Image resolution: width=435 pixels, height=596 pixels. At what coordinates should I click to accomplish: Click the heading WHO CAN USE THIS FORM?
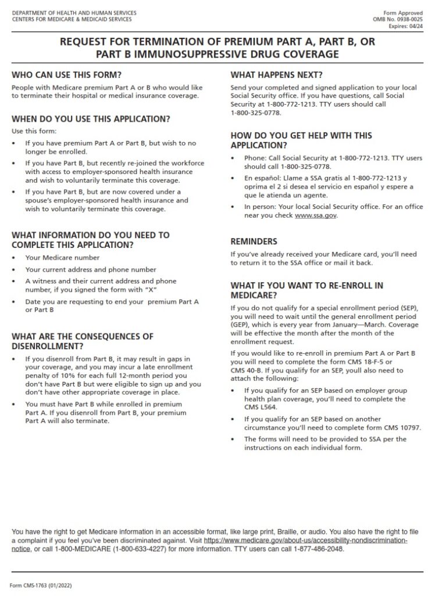click(67, 75)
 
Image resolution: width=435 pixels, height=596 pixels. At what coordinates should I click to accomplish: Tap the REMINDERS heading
click(254, 241)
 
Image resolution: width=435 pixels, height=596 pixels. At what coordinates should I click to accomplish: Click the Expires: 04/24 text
click(407, 26)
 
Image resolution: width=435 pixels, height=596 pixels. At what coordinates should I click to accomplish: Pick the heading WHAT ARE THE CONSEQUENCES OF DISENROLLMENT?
click(83, 341)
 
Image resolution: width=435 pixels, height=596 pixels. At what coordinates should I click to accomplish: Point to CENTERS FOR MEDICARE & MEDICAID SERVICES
click(72, 19)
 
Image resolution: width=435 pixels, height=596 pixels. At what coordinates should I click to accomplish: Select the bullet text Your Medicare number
click(62, 258)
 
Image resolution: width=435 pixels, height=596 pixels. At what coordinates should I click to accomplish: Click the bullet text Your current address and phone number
click(91, 269)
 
